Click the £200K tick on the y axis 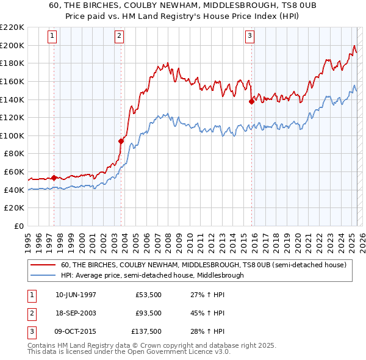[x=12, y=45]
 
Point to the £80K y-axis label [x=14, y=154]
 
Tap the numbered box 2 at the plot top [x=119, y=36]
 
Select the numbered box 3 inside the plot [x=249, y=36]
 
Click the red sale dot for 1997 [x=54, y=178]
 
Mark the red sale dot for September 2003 [x=121, y=141]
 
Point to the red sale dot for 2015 [x=251, y=102]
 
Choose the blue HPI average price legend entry [x=152, y=275]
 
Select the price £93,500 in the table [x=149, y=313]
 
